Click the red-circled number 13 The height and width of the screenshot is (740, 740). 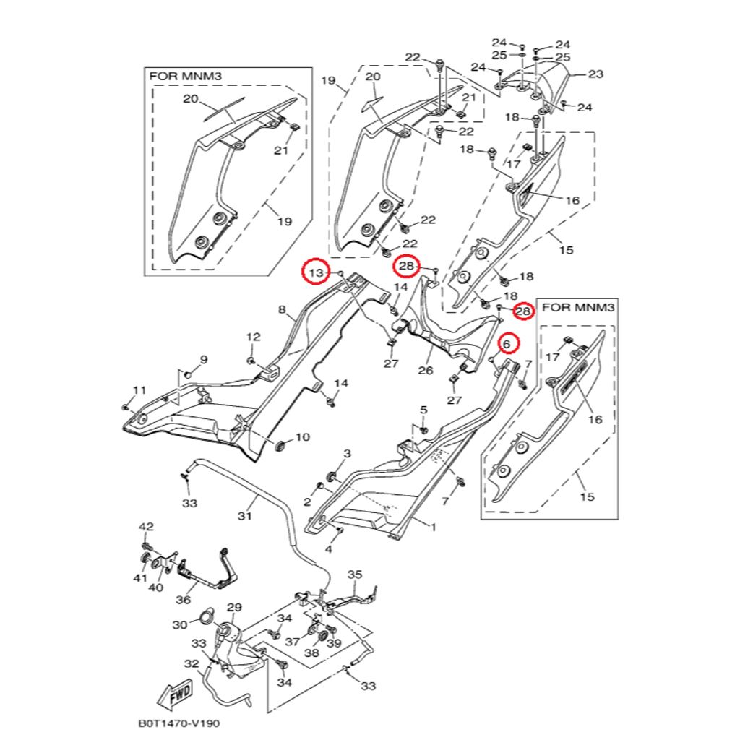coord(315,272)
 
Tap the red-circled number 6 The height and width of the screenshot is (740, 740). coord(507,344)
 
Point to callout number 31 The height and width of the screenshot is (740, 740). coord(244,516)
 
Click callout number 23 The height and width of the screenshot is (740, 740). coord(595,74)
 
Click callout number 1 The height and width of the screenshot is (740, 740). coord(434,528)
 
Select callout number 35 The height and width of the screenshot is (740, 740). coord(354,575)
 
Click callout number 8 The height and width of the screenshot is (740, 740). coord(283,310)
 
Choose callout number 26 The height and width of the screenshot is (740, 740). coord(425,371)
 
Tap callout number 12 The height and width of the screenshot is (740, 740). coord(253,337)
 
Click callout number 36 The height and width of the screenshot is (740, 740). coord(183,599)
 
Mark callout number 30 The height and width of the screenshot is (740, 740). coord(180,624)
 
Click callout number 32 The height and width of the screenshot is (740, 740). coord(192,663)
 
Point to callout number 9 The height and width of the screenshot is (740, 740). coord(203,360)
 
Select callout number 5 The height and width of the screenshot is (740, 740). coord(423,410)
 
